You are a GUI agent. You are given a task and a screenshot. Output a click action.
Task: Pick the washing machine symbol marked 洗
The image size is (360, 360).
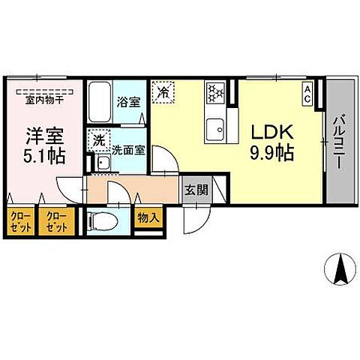tap(98, 139)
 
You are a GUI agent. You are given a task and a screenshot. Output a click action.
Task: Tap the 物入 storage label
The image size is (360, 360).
tap(147, 218)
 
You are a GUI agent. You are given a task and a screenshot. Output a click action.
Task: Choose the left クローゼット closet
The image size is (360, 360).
tap(19, 223)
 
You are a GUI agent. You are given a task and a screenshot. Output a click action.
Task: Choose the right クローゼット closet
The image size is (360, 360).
tap(56, 223)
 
